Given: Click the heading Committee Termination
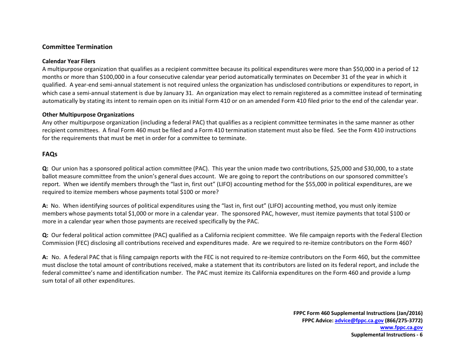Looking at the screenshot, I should coord(77,47).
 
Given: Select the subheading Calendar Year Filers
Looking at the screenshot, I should coord(69,62).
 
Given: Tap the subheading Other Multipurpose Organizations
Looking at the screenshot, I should coord(88,115).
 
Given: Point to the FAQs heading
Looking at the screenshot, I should coord(49,154).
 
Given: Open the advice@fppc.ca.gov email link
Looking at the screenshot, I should coord(358,320).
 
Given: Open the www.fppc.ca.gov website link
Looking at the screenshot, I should coord(401,328).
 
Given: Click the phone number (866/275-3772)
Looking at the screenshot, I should coord(404,320).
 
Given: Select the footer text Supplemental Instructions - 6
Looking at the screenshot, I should coord(387,335).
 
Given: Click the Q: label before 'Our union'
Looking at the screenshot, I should coord(46,168).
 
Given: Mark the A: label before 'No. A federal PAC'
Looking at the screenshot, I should coord(46,257).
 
